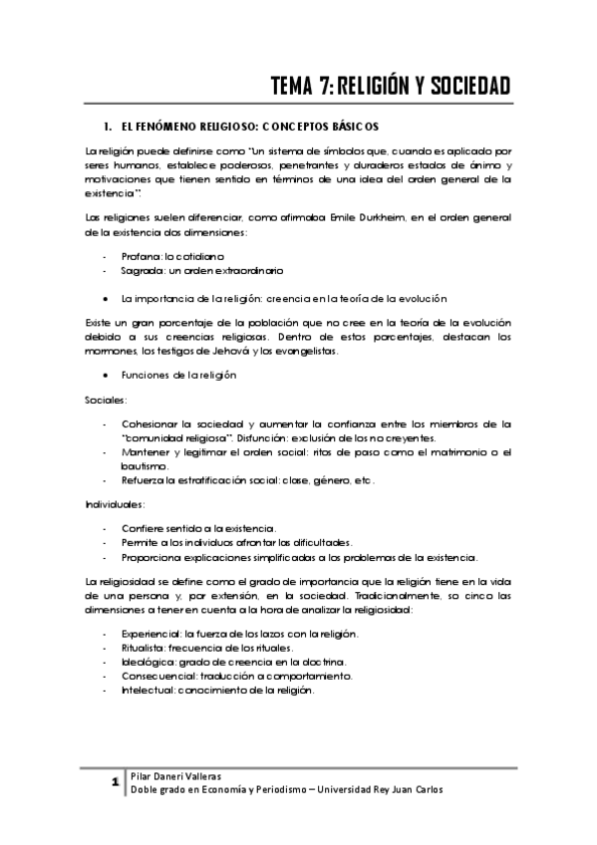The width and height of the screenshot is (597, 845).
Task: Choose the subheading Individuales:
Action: click(x=116, y=504)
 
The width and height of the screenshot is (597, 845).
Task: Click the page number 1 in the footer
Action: click(x=117, y=782)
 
